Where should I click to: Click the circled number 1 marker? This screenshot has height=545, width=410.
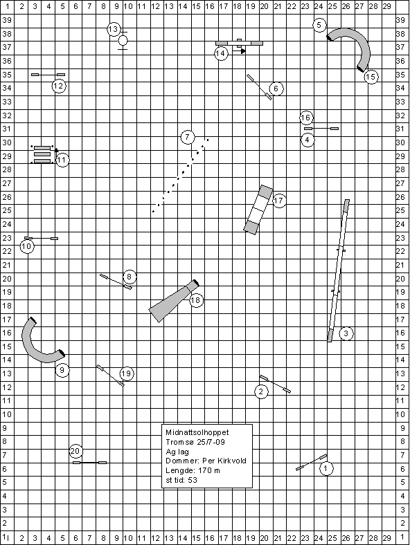coord(326,468)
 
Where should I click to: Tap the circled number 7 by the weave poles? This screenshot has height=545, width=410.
coord(188,137)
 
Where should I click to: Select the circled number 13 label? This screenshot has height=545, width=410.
coord(114,29)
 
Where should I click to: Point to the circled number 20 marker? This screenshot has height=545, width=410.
coord(75,451)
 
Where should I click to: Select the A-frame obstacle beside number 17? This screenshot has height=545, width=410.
coord(258,210)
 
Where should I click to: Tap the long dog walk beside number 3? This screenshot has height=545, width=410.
coord(338,270)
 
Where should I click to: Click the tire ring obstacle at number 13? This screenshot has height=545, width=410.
coord(123,41)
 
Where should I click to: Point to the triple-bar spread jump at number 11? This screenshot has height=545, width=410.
coord(42,155)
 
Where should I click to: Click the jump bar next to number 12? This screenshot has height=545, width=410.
coord(48,75)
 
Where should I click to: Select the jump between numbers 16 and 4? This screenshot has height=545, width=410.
coord(321,129)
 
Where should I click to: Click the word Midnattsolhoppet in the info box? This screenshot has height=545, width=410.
coord(197,432)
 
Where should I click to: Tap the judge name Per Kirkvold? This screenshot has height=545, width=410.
coord(224,461)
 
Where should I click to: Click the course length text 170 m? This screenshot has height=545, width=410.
coord(209,470)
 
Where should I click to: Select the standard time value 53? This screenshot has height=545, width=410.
coord(193,481)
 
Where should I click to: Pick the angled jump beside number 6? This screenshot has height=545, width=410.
coord(259,87)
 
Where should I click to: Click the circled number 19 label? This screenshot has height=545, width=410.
coord(127,373)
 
